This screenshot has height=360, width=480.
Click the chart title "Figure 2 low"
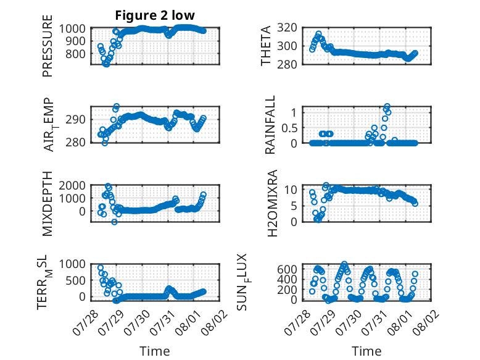pyautogui.click(x=155, y=15)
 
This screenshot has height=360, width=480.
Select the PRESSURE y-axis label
pyautogui.click(x=48, y=46)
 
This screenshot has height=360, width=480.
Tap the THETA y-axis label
pyautogui.click(x=266, y=46)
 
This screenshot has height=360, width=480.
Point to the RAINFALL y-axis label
pyautogui.click(x=270, y=125)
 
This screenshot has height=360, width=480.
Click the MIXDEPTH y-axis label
pyautogui.click(x=48, y=204)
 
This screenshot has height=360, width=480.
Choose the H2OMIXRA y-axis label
pyautogui.click(x=273, y=203)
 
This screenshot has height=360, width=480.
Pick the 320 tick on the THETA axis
pyautogui.click(x=287, y=28)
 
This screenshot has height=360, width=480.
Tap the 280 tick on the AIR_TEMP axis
pyautogui.click(x=75, y=143)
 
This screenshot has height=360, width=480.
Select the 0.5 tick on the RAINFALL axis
pyautogui.click(x=289, y=128)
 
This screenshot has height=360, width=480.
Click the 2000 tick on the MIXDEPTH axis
pyautogui.click(x=72, y=185)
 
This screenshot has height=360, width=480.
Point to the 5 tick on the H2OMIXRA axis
pyautogui.click(x=294, y=206)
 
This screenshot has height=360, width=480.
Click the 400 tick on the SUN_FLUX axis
pyautogui.click(x=287, y=279)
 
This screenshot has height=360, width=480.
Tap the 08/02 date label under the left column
pyautogui.click(x=217, y=322)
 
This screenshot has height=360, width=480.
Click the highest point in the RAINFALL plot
pyautogui.click(x=387, y=106)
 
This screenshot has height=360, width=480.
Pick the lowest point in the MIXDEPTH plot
pyautogui.click(x=114, y=222)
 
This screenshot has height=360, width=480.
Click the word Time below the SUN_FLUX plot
pyautogui.click(x=366, y=351)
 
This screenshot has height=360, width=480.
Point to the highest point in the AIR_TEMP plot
pyautogui.click(x=117, y=106)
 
